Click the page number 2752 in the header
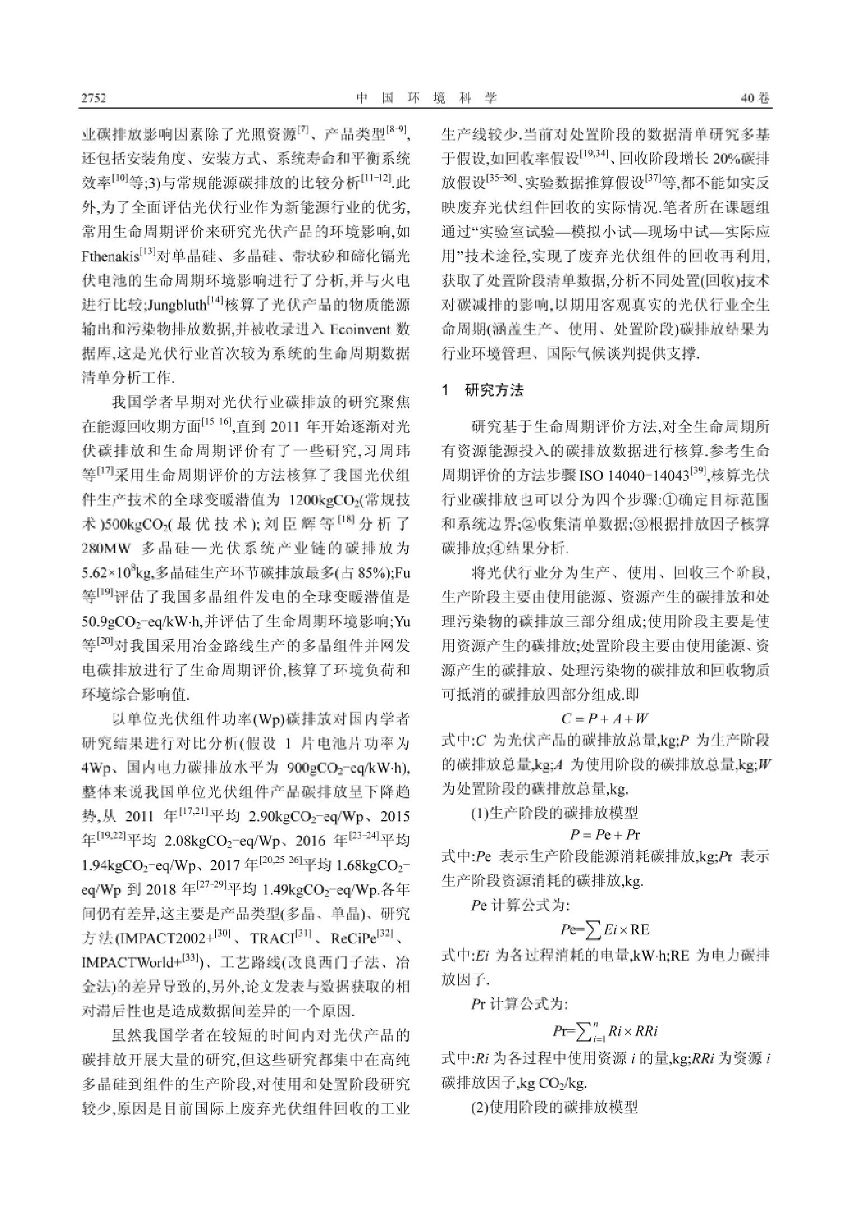(x=93, y=99)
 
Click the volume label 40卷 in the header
(x=755, y=99)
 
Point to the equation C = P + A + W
(x=605, y=718)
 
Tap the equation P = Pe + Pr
(x=605, y=835)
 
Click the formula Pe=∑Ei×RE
(x=605, y=929)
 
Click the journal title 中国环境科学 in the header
(x=426, y=99)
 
